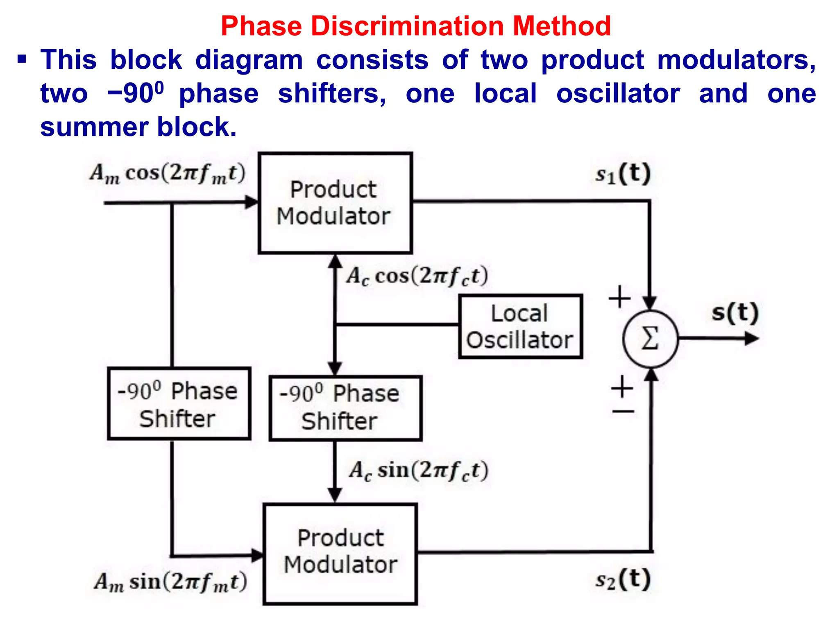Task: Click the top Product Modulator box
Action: [335, 203]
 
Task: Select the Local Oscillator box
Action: [520, 326]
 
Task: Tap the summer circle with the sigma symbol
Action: [650, 339]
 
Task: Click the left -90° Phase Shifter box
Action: [179, 404]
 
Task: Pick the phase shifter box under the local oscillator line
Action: [345, 408]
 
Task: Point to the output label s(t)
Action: [735, 313]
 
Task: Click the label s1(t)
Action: [623, 174]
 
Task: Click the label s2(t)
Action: [623, 579]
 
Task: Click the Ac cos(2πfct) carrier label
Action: [417, 276]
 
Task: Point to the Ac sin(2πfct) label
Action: [419, 471]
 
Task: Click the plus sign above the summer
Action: [619, 297]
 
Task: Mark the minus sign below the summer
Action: [623, 411]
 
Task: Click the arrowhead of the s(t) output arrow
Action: [752, 339]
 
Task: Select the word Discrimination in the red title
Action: [408, 26]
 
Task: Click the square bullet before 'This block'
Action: [22, 60]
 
